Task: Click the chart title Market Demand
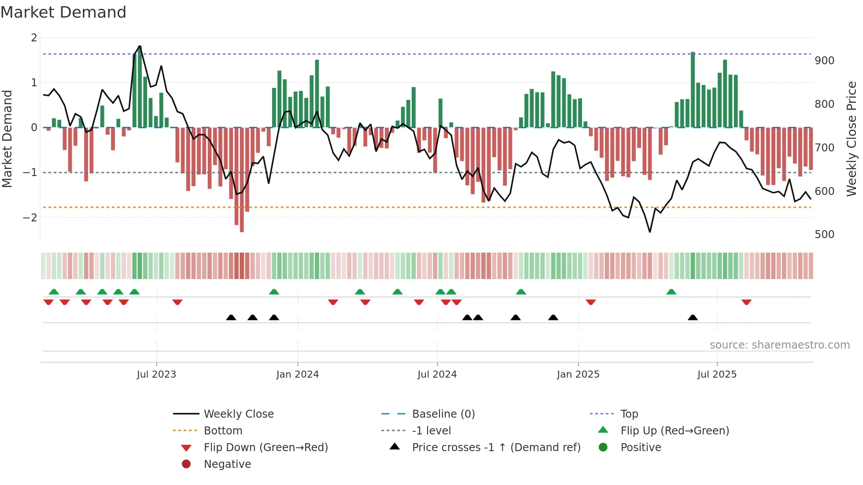63,12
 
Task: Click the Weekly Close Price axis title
852,139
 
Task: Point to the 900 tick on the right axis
824,61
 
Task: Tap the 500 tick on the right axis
824,235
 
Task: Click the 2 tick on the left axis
34,38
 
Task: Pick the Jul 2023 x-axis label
156,375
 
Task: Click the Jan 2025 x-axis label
578,375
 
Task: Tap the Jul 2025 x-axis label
717,375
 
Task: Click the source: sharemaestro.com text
779,345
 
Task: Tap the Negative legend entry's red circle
186,464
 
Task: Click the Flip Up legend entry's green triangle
603,430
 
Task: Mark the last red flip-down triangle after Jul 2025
746,302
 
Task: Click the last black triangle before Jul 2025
693,317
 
